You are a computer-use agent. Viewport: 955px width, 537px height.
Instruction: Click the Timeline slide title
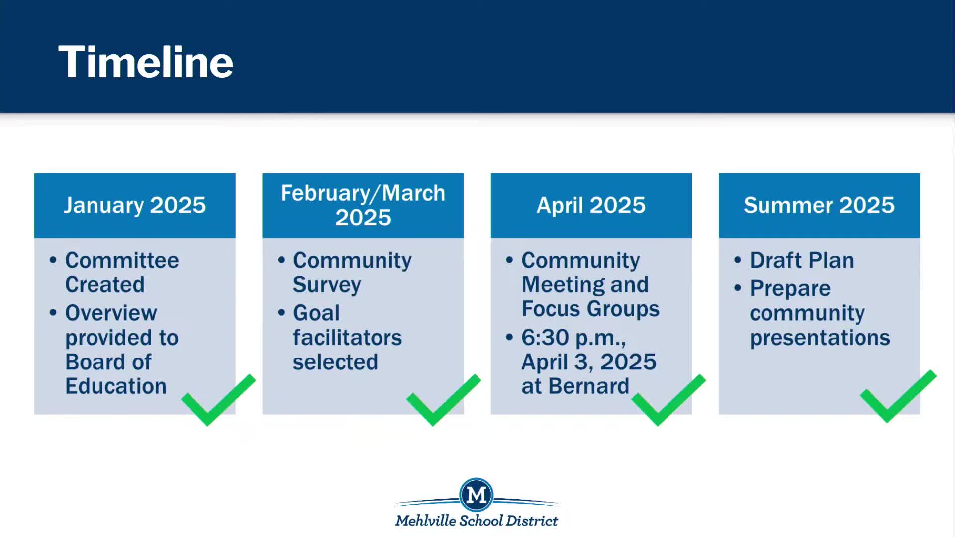(x=146, y=62)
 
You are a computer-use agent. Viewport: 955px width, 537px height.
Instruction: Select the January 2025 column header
(x=135, y=205)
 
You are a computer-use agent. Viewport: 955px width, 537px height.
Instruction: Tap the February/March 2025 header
(x=363, y=205)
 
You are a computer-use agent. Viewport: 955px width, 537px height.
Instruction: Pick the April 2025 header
(x=591, y=205)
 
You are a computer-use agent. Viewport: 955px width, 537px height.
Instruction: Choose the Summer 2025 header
(x=819, y=205)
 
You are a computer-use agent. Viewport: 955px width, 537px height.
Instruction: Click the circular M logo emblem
(x=477, y=495)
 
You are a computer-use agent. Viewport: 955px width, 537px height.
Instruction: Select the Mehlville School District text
(x=477, y=521)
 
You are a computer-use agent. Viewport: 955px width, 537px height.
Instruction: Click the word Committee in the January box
(x=122, y=260)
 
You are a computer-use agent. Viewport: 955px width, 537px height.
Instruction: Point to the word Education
(x=116, y=386)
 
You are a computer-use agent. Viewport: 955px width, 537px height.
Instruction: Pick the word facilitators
(x=347, y=338)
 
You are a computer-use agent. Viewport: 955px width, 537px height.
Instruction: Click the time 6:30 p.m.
(x=573, y=338)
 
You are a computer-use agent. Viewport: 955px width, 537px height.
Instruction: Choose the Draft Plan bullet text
(x=802, y=260)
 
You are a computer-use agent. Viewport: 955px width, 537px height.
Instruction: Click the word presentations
(x=820, y=338)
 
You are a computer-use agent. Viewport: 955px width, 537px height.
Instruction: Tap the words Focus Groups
(x=590, y=309)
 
